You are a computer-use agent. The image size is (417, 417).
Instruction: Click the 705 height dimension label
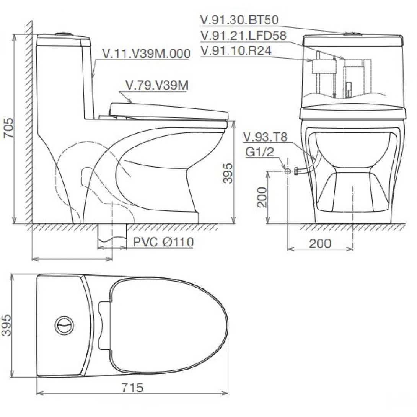pyautogui.click(x=8, y=128)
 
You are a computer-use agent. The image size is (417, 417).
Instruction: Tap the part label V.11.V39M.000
pyautogui.click(x=147, y=54)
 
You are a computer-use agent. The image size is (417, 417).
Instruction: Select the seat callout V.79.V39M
pyautogui.click(x=157, y=85)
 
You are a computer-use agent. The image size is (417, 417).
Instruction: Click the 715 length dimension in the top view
pyautogui.click(x=132, y=388)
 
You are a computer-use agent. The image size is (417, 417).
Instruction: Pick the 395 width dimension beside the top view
pyautogui.click(x=7, y=325)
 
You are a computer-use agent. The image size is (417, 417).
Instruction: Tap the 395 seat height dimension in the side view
pyautogui.click(x=228, y=173)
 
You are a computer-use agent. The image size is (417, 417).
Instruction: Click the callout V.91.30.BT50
pyautogui.click(x=239, y=20)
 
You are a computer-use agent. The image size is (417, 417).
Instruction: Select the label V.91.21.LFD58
pyautogui.click(x=243, y=35)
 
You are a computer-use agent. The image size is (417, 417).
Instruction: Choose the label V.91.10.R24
pyautogui.click(x=236, y=50)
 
